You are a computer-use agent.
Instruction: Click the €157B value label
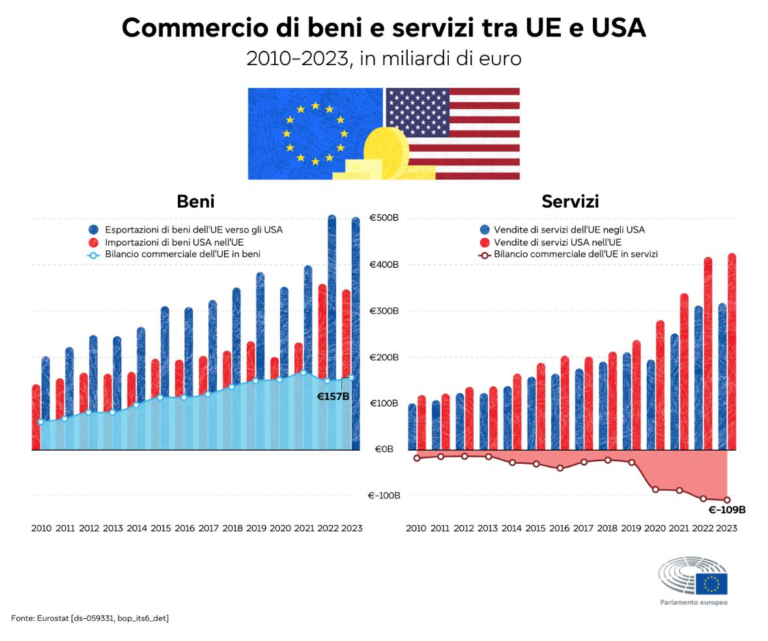tap(333, 396)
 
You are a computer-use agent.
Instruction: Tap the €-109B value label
tap(727, 510)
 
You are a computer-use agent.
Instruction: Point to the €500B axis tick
tap(384, 218)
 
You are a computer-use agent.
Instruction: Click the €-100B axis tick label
tap(384, 496)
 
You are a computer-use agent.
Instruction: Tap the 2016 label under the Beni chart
tap(185, 528)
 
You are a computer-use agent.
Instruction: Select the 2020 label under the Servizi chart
tap(655, 528)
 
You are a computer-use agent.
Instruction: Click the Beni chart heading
tap(195, 201)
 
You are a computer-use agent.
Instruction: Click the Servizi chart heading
tap(570, 201)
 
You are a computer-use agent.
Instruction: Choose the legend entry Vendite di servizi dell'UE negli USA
tap(569, 230)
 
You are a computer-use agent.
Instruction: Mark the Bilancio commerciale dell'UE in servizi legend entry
tap(575, 254)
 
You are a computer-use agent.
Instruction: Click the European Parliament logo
tap(693, 580)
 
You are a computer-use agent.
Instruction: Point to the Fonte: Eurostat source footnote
tap(90, 618)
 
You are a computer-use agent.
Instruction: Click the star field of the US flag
tap(418, 111)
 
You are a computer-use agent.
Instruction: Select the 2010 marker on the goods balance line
tap(40, 422)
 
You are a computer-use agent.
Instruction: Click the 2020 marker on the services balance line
tap(655, 489)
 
